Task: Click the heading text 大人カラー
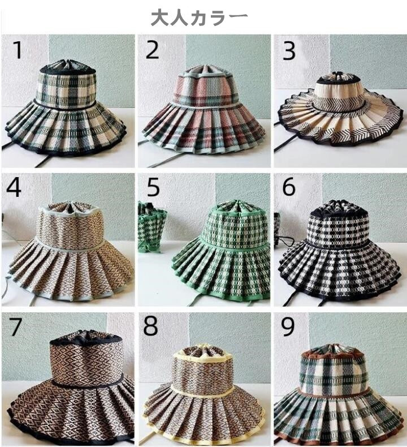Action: [x=199, y=18]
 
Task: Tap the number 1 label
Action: [x=18, y=50]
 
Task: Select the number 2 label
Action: [x=152, y=50]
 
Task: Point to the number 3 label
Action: [x=288, y=51]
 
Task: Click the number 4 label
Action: [x=14, y=188]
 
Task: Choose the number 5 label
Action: [x=153, y=188]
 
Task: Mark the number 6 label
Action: [x=288, y=187]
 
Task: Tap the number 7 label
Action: [x=15, y=326]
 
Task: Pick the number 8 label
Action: [x=150, y=326]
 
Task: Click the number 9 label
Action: [x=288, y=326]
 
